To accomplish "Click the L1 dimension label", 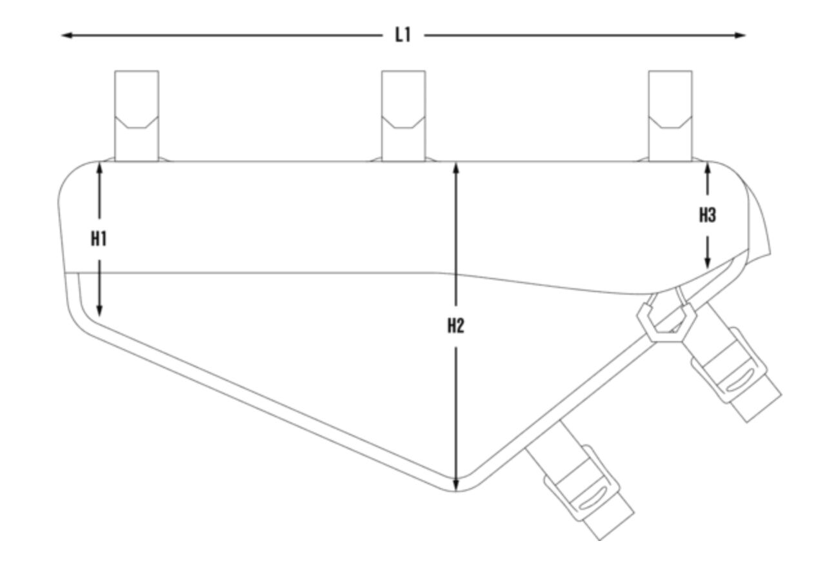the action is click(403, 35).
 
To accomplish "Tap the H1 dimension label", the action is click(99, 239).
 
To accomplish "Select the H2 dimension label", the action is click(455, 326).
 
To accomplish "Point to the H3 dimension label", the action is click(707, 215).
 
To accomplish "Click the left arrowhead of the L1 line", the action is click(67, 35).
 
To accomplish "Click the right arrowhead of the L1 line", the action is click(740, 35).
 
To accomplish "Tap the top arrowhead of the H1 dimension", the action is click(99, 169).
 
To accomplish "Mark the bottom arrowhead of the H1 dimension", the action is click(99, 311).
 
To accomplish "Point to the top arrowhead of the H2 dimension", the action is click(455, 169).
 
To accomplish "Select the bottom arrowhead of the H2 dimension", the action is click(455, 485).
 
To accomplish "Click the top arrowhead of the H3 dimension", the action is click(707, 169).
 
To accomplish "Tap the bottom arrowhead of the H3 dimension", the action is click(707, 263).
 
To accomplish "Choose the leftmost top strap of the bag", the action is click(137, 116).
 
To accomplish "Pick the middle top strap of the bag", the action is click(403, 116).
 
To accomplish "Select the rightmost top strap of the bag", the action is click(670, 116).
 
